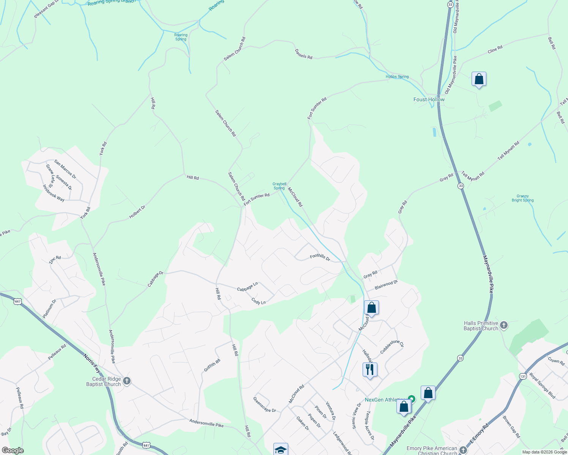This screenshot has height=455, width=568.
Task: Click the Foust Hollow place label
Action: [x=429, y=99]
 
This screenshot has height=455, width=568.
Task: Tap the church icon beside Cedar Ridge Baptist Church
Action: [x=127, y=381]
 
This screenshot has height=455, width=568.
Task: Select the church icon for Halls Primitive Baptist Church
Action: [x=503, y=325]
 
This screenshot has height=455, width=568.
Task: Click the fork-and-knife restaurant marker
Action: [x=369, y=369]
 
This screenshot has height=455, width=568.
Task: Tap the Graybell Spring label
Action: [x=279, y=186]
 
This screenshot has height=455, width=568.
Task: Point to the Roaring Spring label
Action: [x=181, y=37]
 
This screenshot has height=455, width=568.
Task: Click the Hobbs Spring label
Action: [x=397, y=77]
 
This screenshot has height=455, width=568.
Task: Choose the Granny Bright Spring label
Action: [x=522, y=198]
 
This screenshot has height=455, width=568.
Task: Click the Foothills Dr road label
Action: [x=320, y=257]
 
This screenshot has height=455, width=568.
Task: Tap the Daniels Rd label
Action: [x=303, y=54]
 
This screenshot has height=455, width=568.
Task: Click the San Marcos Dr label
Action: [x=65, y=169]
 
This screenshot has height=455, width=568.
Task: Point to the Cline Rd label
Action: [x=495, y=49]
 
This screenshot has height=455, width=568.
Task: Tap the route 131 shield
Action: [x=523, y=376]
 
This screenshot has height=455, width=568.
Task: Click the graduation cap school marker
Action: [x=281, y=450]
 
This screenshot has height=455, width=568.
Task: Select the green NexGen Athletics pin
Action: [x=412, y=399]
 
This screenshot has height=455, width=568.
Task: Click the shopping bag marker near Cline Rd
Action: [x=479, y=79]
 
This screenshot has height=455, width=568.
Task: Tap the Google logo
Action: [x=13, y=450]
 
